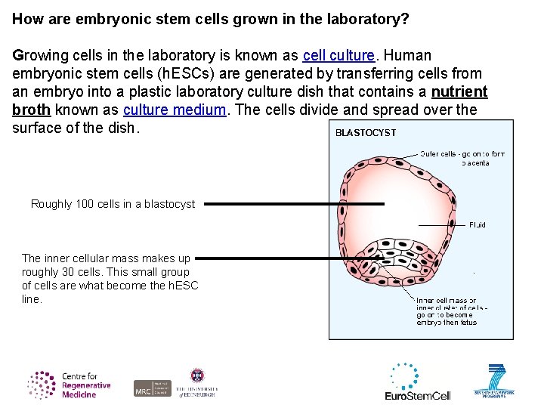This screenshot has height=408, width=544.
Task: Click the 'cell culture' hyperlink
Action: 338,56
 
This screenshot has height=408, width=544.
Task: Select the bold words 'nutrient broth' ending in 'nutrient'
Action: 459,92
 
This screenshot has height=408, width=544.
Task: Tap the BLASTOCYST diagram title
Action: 366,133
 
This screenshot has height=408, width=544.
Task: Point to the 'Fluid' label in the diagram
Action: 478,225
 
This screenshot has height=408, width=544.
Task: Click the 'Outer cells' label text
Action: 462,158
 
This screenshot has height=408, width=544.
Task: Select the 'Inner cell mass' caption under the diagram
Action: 447,311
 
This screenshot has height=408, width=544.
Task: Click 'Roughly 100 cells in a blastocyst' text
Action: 113,204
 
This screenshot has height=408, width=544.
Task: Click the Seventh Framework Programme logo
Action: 494,382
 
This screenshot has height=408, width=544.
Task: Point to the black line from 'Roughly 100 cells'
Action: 294,204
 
